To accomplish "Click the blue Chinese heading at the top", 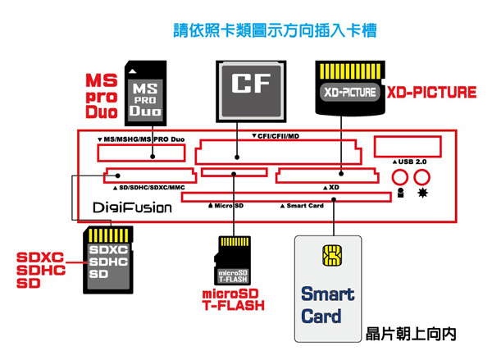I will coord(275,32).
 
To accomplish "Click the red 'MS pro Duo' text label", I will coord(102,95).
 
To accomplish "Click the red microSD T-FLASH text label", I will coord(234,300).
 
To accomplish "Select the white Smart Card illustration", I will coord(328,287).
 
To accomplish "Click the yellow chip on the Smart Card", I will coord(331,257).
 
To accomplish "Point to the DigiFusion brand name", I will coord(133,208).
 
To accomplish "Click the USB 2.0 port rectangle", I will coord(405,148).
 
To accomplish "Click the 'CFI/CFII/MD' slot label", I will coord(276,135).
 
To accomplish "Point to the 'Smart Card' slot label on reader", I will coord(302,205).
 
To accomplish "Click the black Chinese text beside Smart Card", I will coord(410,335).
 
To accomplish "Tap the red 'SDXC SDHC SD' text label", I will coord(40,271).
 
